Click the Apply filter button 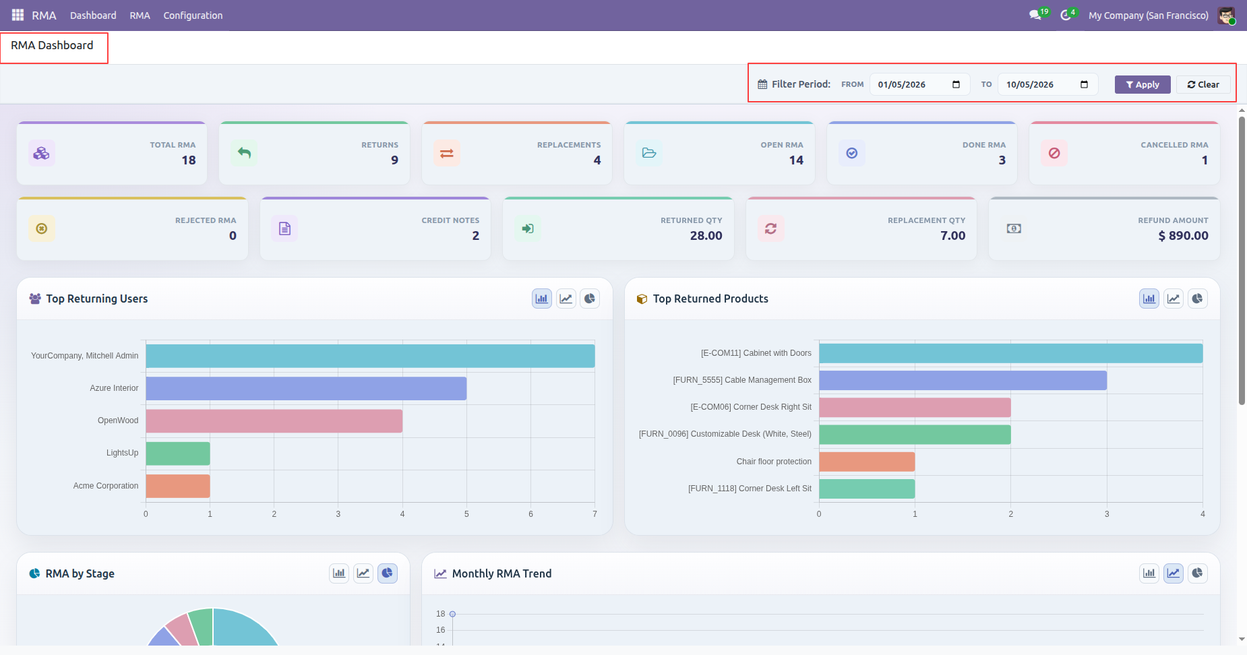(1143, 84)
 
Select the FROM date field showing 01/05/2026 (919, 84)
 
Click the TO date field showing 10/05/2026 (1047, 84)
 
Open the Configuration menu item (193, 15)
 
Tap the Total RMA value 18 (189, 160)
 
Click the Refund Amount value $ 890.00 (1183, 236)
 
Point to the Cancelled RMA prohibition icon (1054, 154)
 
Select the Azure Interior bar (306, 389)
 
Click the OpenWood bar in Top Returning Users (274, 421)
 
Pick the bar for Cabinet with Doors (1011, 353)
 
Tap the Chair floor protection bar (867, 462)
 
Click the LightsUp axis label (122, 453)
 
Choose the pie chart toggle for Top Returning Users (590, 299)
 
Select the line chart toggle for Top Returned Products (1174, 299)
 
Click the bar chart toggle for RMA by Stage (339, 573)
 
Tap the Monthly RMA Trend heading (502, 573)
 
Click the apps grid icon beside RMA (18, 15)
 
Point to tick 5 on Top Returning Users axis (466, 514)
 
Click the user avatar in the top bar (1226, 15)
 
